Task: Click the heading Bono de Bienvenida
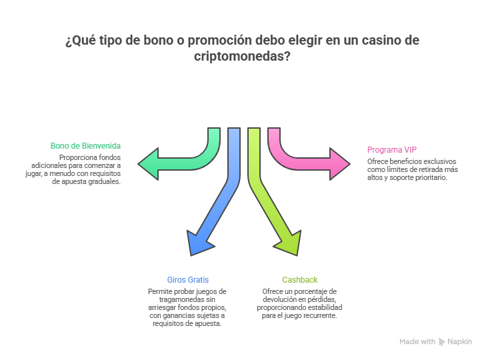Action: (x=85, y=145)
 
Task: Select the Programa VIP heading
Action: (x=392, y=149)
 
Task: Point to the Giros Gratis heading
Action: (x=187, y=279)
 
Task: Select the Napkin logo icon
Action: (x=442, y=341)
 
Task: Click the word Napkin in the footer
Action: (x=460, y=341)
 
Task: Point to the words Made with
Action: (x=417, y=341)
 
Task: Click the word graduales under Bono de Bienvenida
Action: (x=104, y=181)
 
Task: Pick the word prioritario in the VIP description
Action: (x=430, y=177)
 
